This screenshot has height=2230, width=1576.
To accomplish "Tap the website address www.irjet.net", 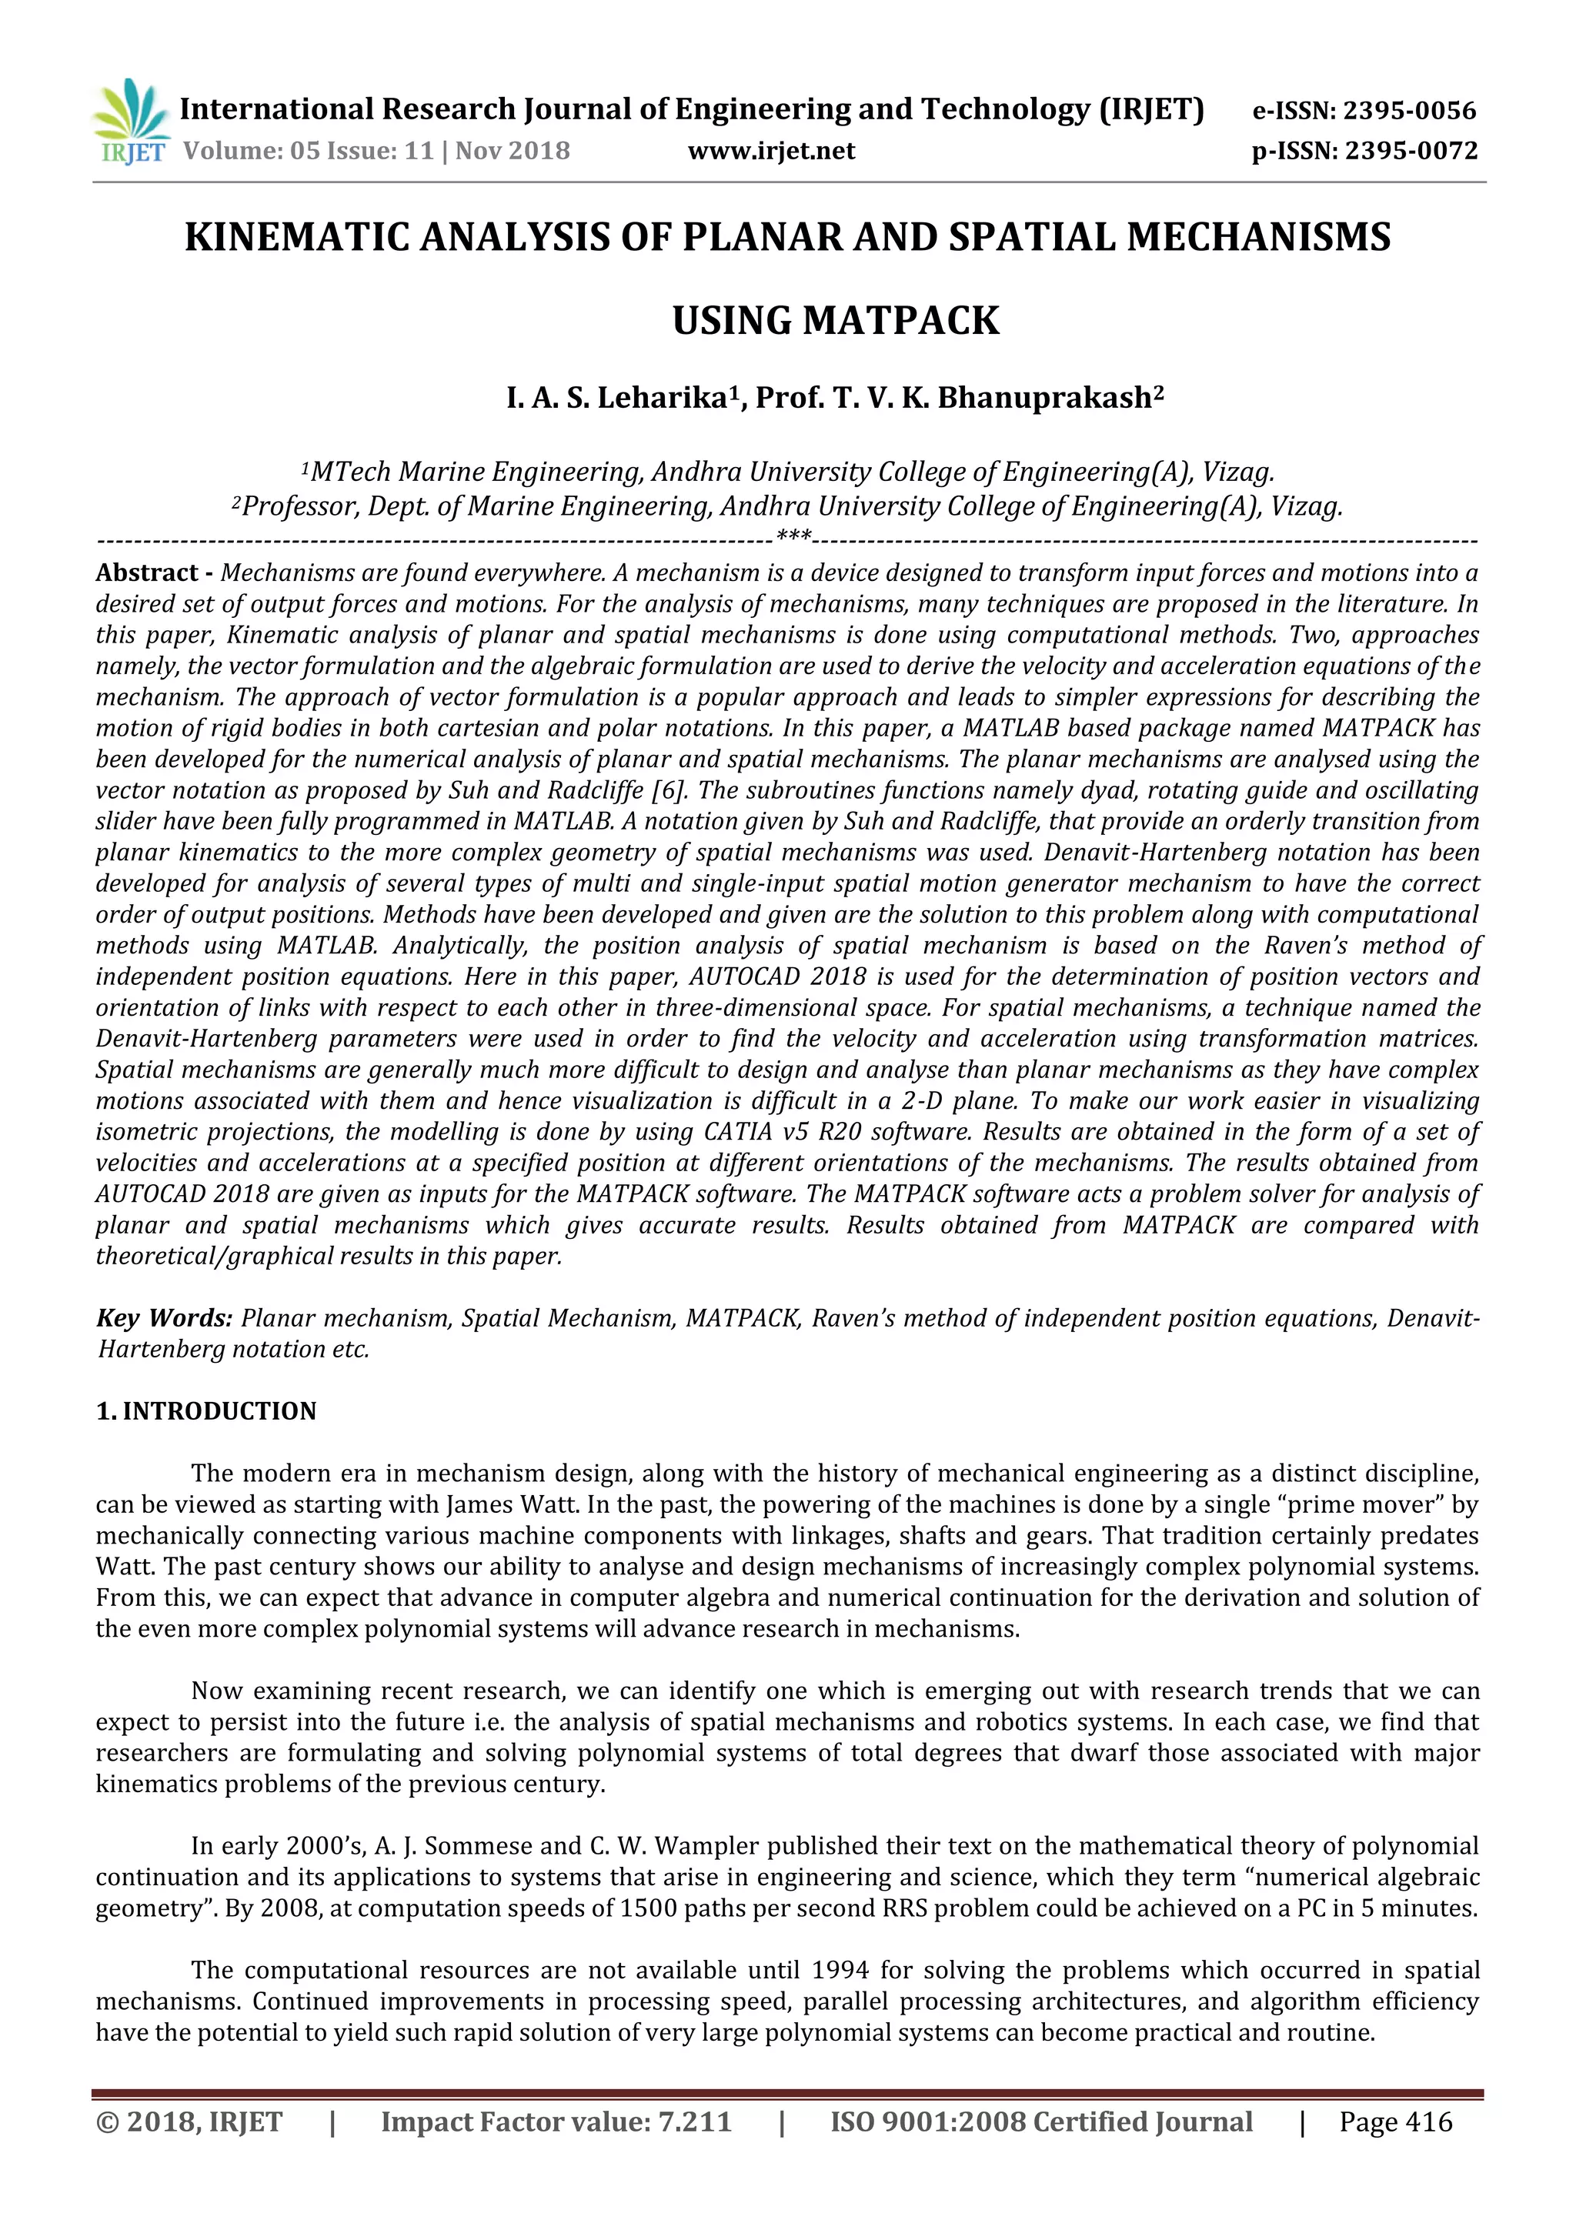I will tap(771, 152).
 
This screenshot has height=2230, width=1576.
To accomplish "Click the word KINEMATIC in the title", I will tap(297, 238).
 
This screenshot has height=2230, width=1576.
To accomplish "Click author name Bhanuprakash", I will tap(1044, 399).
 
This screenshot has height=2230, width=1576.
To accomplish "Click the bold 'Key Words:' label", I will tap(164, 1318).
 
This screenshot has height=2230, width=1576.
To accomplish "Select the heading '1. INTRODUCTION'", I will tap(206, 1411).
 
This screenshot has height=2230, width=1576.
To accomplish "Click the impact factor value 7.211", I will tap(693, 2122).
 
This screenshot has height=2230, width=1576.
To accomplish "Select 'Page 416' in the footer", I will tap(1395, 2122).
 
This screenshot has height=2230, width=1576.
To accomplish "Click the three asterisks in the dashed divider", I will tap(793, 537).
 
